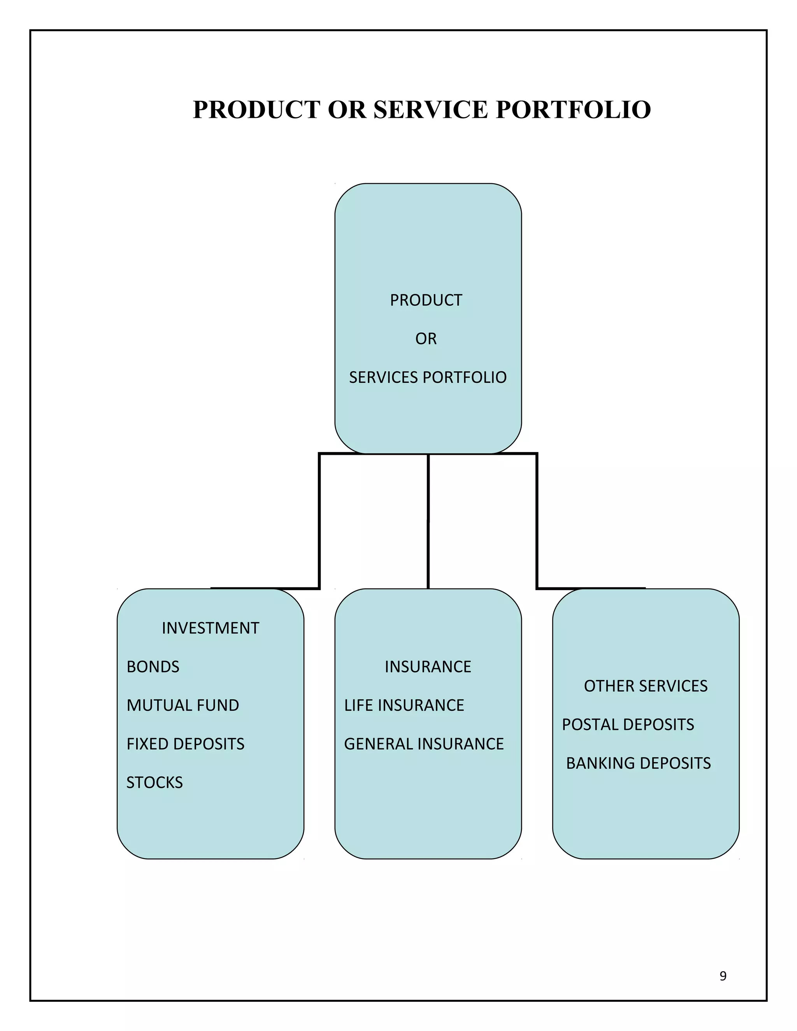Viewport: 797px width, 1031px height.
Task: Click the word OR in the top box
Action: point(426,339)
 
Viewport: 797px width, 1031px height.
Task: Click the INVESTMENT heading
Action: point(211,628)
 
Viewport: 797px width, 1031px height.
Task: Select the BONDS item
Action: point(153,667)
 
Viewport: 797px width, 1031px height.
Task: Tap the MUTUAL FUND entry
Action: point(183,705)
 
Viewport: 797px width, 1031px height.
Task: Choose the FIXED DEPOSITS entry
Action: point(186,744)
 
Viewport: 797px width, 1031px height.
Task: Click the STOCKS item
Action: point(154,783)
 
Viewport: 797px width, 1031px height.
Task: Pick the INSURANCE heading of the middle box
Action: point(428,667)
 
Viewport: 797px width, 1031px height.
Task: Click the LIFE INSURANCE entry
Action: point(404,705)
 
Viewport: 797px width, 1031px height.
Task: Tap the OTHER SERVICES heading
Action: point(646,686)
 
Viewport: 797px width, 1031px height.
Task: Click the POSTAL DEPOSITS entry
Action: point(628,725)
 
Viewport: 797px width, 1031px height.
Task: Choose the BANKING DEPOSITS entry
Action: point(638,763)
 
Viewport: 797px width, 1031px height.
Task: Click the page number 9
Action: point(723,976)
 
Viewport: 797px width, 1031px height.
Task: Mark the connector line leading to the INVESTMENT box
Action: point(320,519)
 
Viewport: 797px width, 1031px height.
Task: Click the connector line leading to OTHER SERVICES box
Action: point(537,519)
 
